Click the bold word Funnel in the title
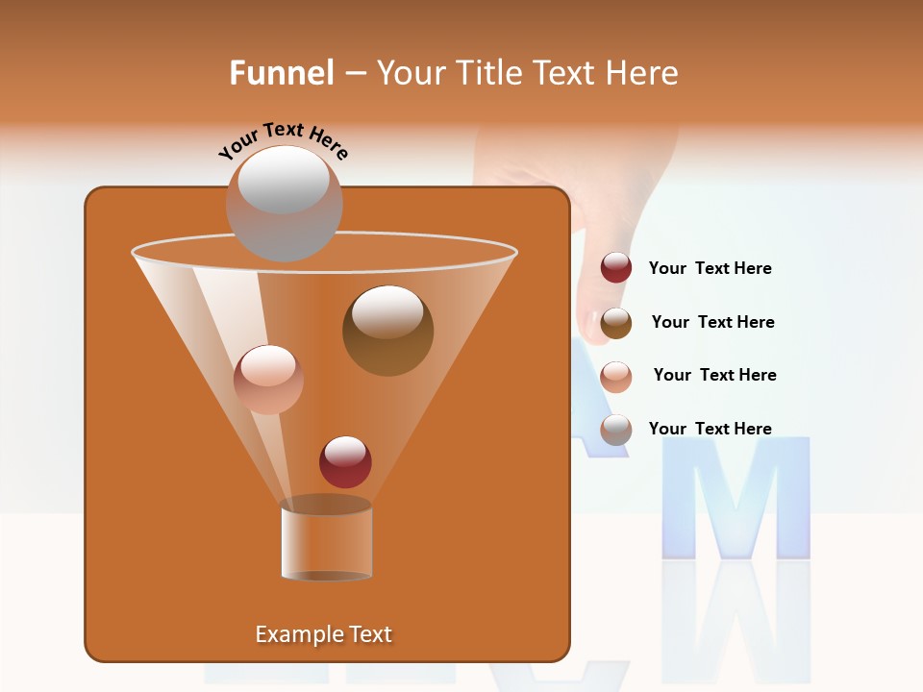pos(281,73)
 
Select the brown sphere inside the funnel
pos(387,330)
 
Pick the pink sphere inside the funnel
pos(268,379)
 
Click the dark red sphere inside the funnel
pos(345,461)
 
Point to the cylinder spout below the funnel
pos(326,540)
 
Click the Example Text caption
pos(323,634)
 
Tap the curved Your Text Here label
pos(283,140)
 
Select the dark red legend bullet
pos(615,268)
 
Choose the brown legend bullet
pos(615,323)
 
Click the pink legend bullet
pos(615,376)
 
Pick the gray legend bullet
pos(615,430)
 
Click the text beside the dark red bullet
pos(710,269)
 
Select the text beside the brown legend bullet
pos(712,322)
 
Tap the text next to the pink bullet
pos(714,375)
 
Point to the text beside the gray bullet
pos(710,429)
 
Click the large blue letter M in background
pos(736,500)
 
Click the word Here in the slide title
pos(639,73)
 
